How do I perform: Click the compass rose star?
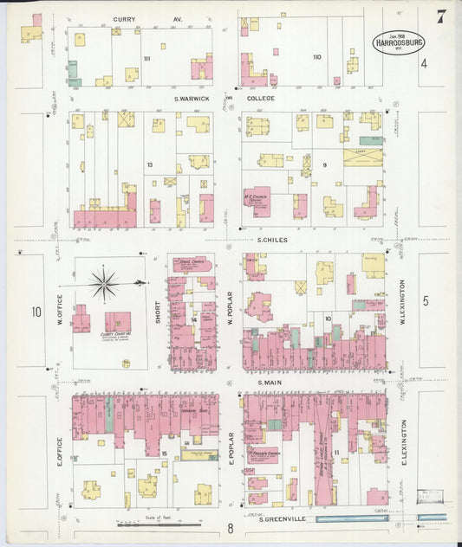[104, 283]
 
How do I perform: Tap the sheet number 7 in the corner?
[442, 16]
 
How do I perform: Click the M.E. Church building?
[257, 202]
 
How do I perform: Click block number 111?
[147, 58]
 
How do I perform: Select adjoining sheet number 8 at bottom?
[231, 528]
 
